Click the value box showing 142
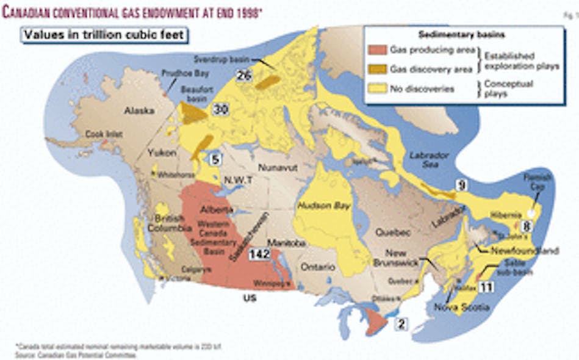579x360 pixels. (259, 256)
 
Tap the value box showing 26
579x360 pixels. (245, 76)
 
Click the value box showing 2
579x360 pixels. (400, 324)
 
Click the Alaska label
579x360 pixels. (137, 111)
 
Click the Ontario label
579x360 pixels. (317, 267)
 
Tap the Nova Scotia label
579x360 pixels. (461, 307)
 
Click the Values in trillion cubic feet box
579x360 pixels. (104, 35)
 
